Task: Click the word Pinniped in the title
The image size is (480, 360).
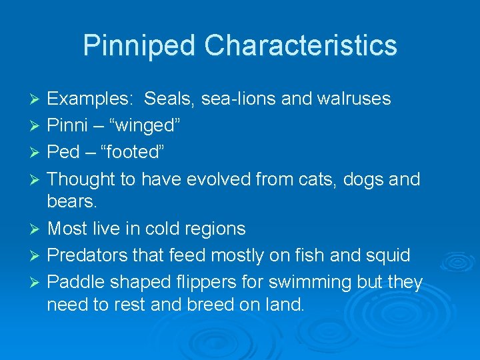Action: point(140,45)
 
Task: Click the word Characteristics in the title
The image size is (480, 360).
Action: point(301,45)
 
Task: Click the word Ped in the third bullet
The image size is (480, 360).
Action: point(63,152)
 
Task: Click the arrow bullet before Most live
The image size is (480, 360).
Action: point(36,229)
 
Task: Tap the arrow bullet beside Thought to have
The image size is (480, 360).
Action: point(36,180)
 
